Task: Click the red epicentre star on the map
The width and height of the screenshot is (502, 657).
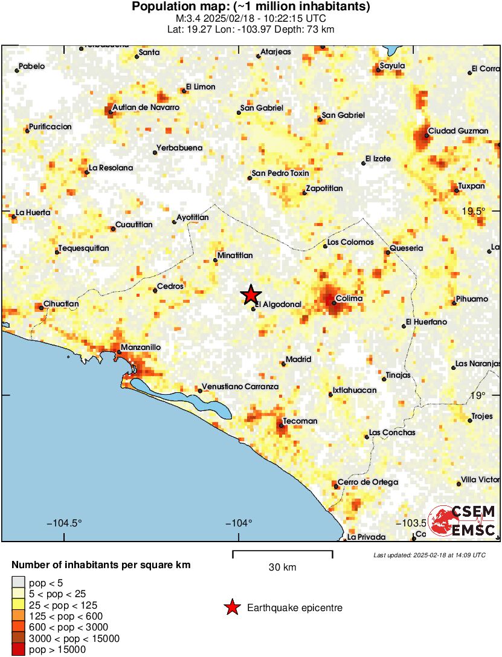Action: click(251, 294)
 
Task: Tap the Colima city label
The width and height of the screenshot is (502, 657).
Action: click(349, 299)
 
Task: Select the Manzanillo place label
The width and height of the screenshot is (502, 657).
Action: click(141, 348)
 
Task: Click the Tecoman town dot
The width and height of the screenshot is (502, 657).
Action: click(282, 426)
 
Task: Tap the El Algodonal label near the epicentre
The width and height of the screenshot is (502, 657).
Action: click(278, 305)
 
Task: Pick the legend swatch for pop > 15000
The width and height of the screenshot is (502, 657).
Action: click(19, 650)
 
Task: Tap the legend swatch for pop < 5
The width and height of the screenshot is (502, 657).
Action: click(19, 583)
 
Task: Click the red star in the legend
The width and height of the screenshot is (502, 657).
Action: click(231, 607)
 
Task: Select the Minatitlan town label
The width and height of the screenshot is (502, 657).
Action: click(235, 256)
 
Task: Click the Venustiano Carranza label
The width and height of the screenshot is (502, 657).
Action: click(240, 386)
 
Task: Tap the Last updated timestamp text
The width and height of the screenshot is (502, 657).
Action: click(429, 555)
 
